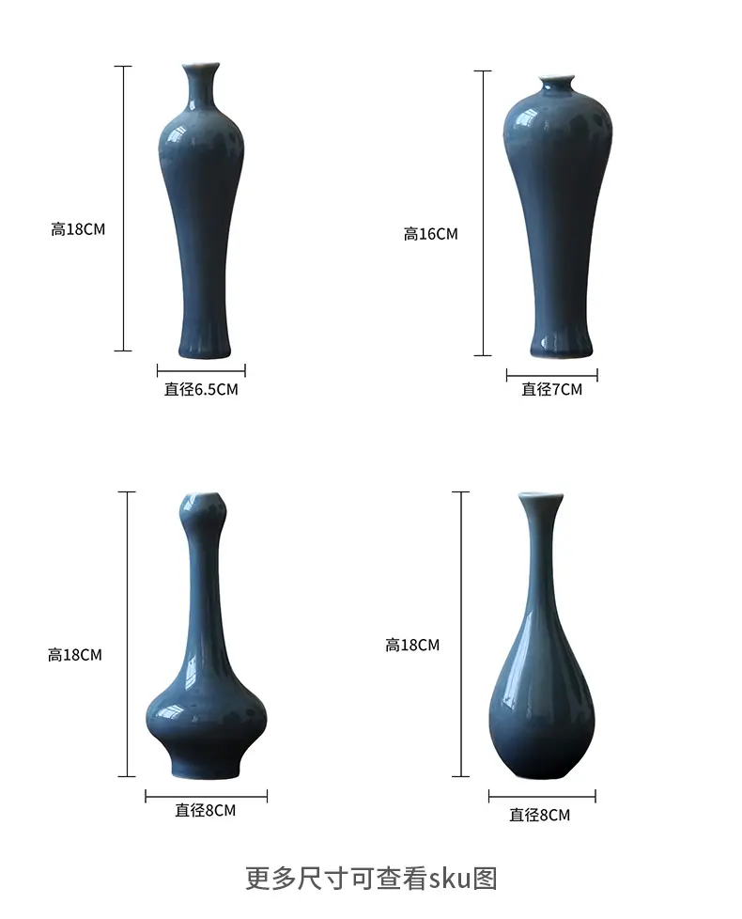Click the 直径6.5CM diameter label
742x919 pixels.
(201, 389)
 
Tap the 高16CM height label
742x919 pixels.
(430, 234)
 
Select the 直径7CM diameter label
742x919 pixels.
(551, 389)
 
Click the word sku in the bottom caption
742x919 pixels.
(450, 878)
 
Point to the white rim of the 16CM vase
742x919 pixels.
(556, 79)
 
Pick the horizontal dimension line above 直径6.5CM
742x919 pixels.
(201, 370)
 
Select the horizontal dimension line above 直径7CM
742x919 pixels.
(551, 375)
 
